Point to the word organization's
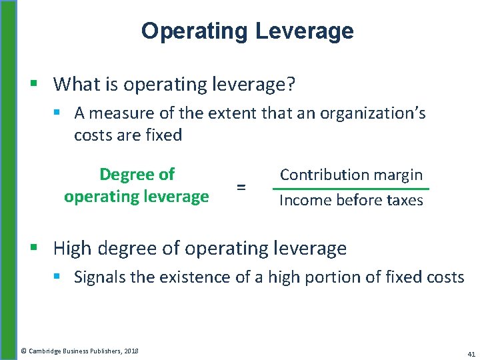[x=373, y=113]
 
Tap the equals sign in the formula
[x=241, y=188]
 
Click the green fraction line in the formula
[x=351, y=189]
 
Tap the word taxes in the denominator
[x=402, y=200]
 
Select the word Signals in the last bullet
[x=99, y=277]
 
